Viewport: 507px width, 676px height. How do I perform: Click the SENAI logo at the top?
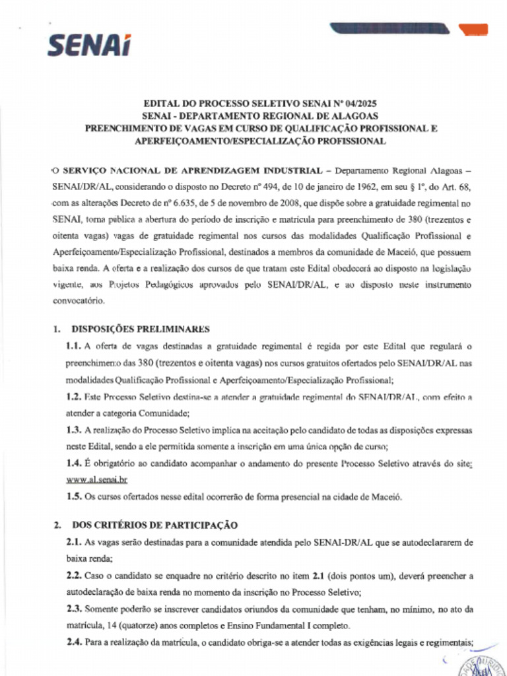88,45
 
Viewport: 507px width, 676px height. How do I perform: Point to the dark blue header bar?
389,28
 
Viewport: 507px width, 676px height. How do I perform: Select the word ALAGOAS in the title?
347,116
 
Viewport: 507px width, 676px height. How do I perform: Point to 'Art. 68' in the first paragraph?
455,188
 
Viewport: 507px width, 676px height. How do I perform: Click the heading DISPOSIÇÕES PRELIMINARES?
141,329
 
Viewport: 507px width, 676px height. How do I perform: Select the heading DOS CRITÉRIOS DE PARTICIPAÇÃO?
154,525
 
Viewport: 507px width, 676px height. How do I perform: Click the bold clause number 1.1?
73,346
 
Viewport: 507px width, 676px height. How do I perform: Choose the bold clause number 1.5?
73,497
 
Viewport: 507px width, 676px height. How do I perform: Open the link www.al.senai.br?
96,481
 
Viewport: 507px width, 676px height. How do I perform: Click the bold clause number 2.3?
73,609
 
